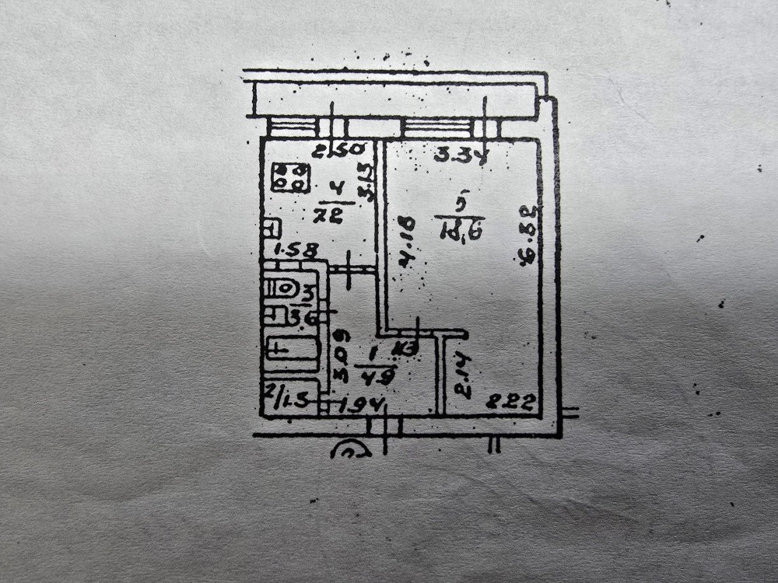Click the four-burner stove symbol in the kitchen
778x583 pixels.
click(x=290, y=176)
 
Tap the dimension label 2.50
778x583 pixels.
click(x=328, y=152)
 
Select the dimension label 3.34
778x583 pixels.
click(x=460, y=155)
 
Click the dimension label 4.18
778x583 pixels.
click(x=406, y=243)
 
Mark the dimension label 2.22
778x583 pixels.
click(x=511, y=402)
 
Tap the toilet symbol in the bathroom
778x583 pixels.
click(x=281, y=289)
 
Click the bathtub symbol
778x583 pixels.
click(x=293, y=349)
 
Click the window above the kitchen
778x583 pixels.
click(x=295, y=127)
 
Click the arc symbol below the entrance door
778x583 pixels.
click(x=350, y=449)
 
